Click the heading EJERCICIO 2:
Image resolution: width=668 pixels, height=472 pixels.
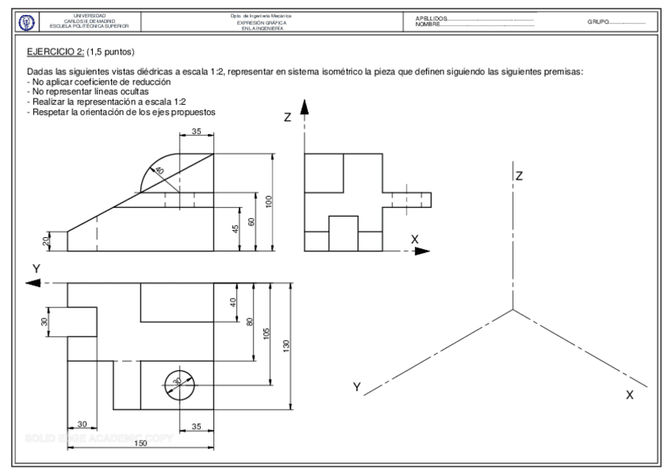click(58, 53)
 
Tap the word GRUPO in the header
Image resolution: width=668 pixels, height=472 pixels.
click(597, 22)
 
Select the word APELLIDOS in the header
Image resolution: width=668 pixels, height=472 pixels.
click(429, 18)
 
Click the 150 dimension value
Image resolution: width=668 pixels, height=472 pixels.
click(140, 444)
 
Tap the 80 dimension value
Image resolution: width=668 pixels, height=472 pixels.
click(250, 321)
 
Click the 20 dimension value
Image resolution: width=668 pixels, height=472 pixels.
click(46, 241)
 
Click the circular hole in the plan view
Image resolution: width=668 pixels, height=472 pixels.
click(178, 382)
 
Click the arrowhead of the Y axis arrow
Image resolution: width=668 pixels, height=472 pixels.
click(33, 284)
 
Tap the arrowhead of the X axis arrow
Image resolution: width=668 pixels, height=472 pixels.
click(423, 251)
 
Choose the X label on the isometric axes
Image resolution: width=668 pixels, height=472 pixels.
click(629, 395)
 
